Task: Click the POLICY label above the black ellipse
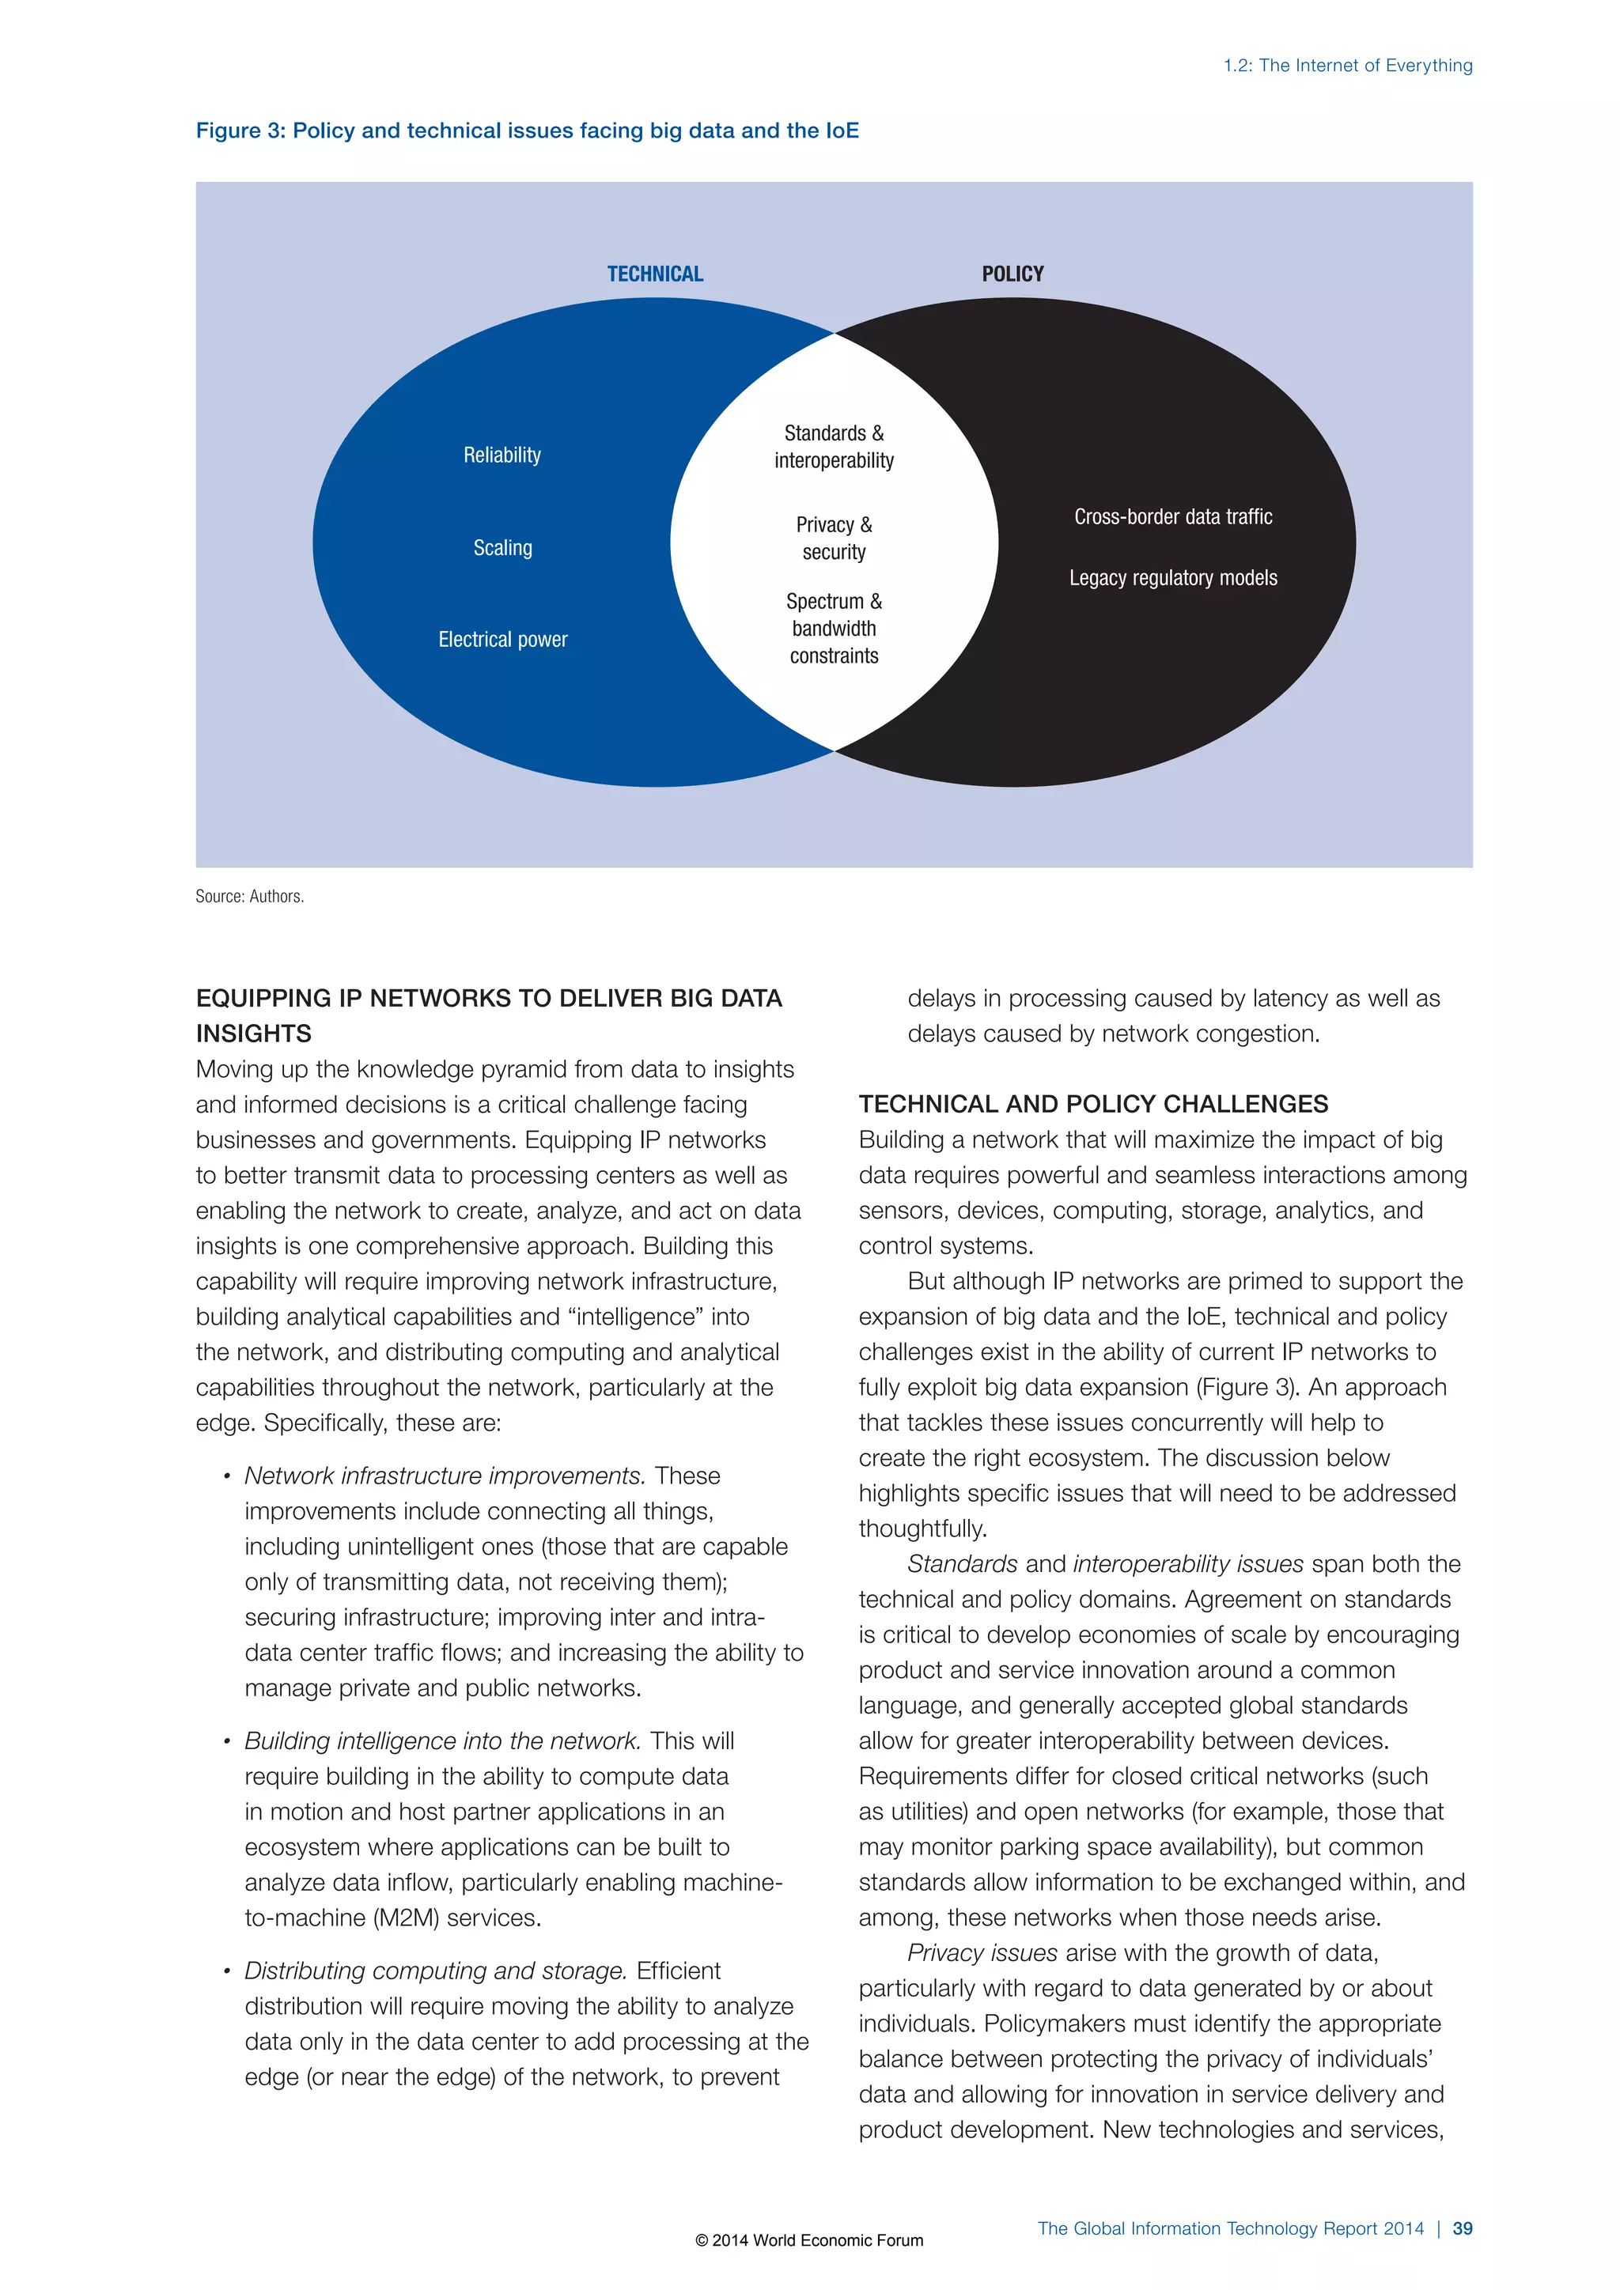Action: pos(1012,274)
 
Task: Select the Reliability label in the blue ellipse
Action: pos(502,455)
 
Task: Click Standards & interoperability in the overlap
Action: pos(834,447)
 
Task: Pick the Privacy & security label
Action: pos(834,538)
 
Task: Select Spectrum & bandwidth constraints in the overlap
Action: pos(834,629)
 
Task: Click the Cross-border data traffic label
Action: pos(1173,516)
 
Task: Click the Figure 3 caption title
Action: pos(527,130)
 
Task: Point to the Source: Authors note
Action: pos(249,897)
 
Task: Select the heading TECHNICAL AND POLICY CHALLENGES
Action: pos(1092,1104)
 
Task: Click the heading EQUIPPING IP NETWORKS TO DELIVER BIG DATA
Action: pos(489,999)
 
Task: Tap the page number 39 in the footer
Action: pos(1463,2228)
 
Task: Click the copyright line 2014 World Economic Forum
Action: pos(809,2240)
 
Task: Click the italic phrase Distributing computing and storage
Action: pos(436,1970)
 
